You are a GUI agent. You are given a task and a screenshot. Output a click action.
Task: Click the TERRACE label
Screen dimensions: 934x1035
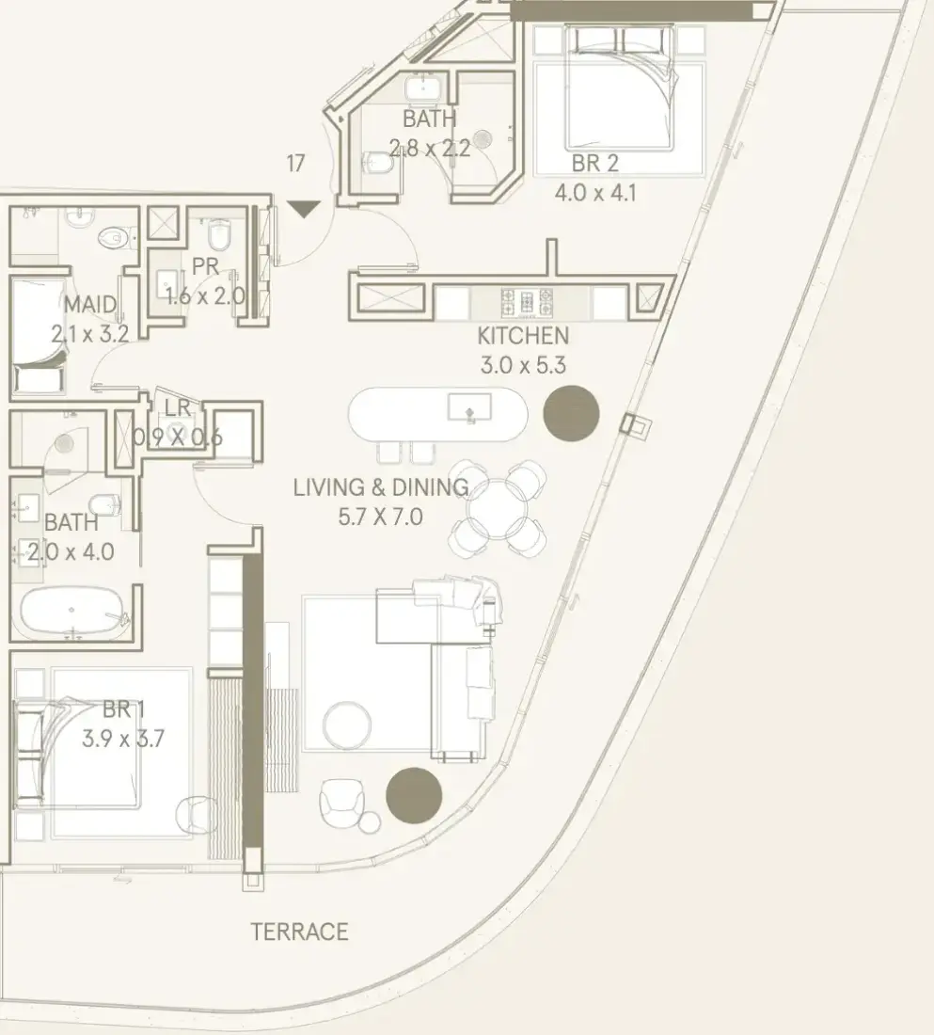click(300, 931)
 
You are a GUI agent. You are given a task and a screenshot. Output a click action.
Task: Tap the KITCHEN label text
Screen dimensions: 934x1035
click(523, 336)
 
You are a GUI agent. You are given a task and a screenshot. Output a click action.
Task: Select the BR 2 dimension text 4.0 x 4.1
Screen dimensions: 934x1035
click(595, 193)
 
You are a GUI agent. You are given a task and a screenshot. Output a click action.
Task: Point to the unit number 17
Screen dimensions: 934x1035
click(295, 163)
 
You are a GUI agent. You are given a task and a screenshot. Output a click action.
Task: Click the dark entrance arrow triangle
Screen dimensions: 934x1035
click(304, 209)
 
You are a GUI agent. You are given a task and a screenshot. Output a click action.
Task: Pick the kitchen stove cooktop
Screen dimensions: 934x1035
click(527, 303)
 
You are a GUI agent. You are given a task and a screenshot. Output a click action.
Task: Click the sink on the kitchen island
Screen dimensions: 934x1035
click(469, 407)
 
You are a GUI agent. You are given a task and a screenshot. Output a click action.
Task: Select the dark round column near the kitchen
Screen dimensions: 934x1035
click(572, 414)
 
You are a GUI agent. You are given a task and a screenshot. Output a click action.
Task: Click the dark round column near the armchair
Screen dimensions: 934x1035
click(414, 795)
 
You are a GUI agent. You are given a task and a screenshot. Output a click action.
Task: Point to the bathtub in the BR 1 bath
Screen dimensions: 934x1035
click(72, 613)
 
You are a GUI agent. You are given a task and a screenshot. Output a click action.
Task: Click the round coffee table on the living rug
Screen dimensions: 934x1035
click(347, 724)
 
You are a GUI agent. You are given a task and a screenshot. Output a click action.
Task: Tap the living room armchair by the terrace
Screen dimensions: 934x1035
click(341, 802)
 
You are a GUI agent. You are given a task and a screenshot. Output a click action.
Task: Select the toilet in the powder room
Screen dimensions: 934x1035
click(218, 235)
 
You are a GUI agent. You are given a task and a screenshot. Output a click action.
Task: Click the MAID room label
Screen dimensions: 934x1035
click(90, 305)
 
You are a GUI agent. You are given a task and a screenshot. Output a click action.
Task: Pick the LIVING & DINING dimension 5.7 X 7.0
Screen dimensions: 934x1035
click(380, 517)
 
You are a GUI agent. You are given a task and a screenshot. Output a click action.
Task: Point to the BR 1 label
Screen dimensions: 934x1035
click(123, 709)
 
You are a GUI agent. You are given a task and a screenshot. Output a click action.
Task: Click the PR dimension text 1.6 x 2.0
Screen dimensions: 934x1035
click(205, 296)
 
